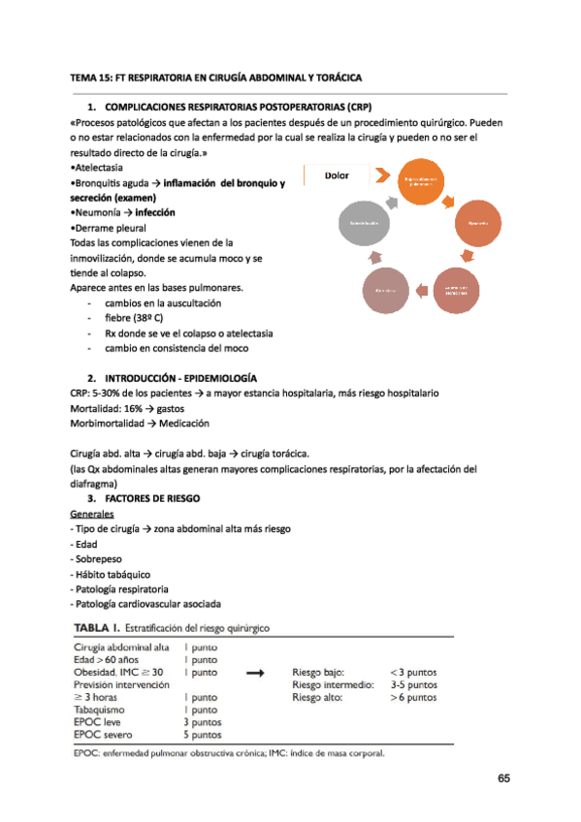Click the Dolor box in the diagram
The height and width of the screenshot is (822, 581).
point(336,175)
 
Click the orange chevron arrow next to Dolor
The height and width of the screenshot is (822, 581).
point(382,177)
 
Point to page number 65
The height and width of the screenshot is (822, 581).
point(502,778)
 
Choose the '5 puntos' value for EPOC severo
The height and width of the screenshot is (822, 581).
point(203,734)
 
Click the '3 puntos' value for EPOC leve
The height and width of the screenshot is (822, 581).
point(203,721)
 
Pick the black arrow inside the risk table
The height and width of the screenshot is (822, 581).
point(257,671)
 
